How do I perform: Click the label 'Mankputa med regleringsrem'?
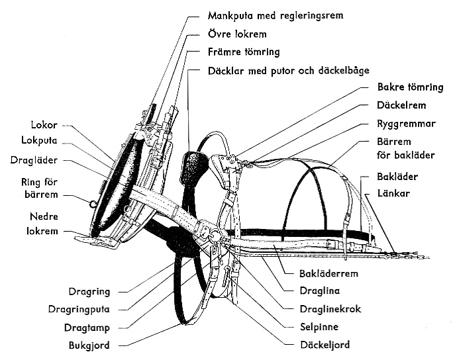(276, 14)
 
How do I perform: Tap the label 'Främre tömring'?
(243, 51)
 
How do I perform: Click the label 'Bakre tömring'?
(411, 87)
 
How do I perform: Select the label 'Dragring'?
(89, 291)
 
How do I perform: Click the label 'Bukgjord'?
(89, 344)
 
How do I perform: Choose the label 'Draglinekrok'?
(332, 308)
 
